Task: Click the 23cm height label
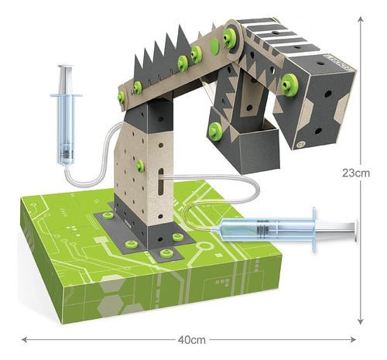[356, 173]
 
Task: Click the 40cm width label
[192, 340]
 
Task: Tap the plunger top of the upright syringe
[65, 67]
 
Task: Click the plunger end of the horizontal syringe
[357, 231]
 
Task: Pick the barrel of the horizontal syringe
[265, 230]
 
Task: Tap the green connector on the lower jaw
[215, 132]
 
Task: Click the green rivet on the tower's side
[140, 166]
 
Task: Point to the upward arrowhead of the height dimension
[361, 20]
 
